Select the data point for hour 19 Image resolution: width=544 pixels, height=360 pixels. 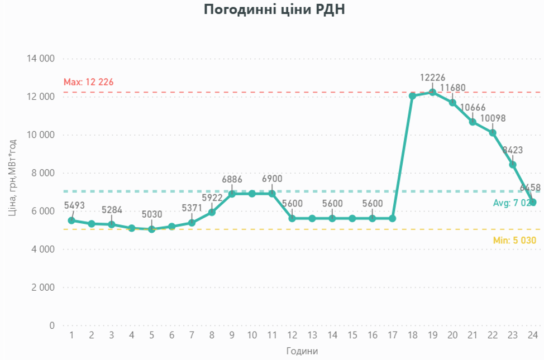point(432,92)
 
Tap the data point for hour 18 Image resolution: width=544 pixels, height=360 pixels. point(412,96)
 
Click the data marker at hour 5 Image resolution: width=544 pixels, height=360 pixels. point(151,229)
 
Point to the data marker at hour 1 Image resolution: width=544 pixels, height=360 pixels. point(71,220)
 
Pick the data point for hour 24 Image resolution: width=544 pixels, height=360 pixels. point(532,202)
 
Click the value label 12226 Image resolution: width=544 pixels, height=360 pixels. point(433,78)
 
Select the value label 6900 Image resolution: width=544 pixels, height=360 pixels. point(272,179)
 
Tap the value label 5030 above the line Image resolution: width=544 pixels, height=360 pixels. point(151,214)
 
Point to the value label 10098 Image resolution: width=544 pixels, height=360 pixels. point(493,118)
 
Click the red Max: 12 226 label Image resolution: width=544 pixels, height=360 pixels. point(88,82)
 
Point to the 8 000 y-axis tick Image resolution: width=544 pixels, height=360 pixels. point(43,173)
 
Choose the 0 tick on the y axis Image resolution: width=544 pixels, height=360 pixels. point(53,325)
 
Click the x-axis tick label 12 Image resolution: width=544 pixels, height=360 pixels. point(292,335)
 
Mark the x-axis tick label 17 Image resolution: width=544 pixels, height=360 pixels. point(392,335)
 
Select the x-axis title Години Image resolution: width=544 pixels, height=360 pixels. point(302,351)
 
